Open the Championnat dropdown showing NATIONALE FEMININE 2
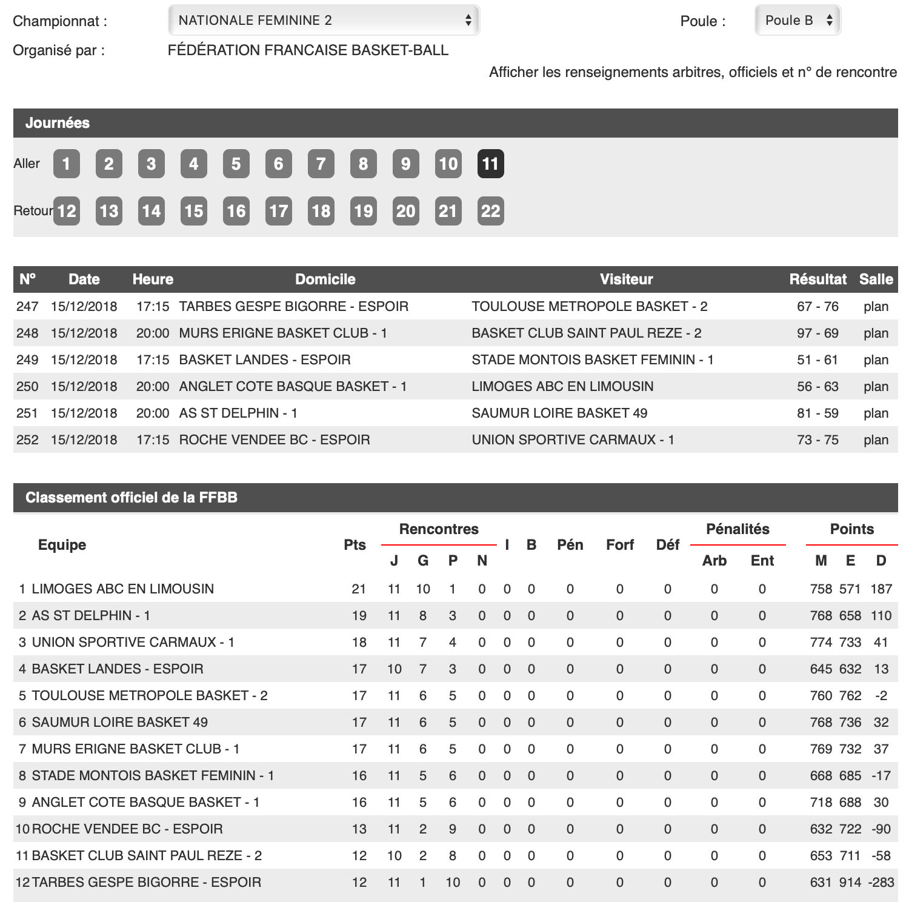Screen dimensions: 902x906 324,21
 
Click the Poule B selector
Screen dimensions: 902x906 798,21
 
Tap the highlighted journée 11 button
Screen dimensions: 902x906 490,164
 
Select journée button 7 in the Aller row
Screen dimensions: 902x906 321,164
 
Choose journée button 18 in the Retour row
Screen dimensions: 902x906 321,211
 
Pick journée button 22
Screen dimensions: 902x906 490,211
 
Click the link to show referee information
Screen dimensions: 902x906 693,73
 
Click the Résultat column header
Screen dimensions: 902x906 818,279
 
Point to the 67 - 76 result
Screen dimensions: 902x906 818,307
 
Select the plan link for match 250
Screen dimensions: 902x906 876,387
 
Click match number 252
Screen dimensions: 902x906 27,440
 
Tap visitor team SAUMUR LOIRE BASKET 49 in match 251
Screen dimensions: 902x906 559,413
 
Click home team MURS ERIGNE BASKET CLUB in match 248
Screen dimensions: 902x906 282,333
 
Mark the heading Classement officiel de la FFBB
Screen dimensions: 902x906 132,498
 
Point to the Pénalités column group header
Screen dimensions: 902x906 738,529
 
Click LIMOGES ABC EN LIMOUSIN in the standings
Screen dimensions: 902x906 122,589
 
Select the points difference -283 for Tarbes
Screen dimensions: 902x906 881,883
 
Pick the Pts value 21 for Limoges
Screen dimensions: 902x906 359,589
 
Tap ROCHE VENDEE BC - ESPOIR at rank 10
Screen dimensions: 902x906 127,829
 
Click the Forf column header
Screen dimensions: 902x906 619,545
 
